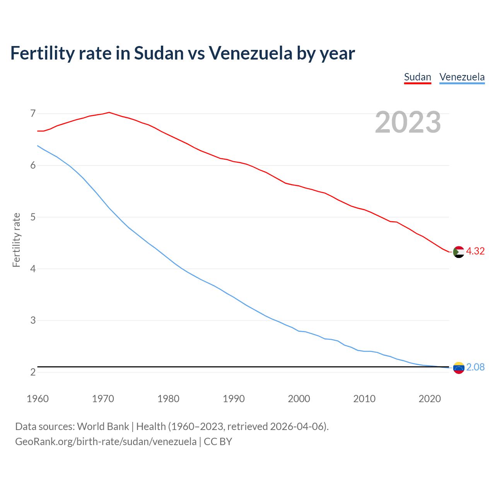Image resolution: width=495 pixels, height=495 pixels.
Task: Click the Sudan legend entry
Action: coord(417,77)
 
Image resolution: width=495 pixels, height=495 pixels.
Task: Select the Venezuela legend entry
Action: coord(462,77)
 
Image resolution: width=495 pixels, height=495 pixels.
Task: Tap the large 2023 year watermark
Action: coord(408,122)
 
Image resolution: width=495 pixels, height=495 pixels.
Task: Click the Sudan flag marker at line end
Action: coord(459,252)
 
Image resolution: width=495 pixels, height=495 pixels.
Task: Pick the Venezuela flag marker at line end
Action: coord(459,368)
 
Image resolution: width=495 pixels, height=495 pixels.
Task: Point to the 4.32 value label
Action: coord(475,251)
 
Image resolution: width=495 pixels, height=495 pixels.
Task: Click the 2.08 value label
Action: coord(475,367)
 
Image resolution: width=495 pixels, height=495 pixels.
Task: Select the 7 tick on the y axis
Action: coord(32,114)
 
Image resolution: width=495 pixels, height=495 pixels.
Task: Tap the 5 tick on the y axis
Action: coord(32,217)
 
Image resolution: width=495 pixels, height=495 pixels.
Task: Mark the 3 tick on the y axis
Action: coord(32,320)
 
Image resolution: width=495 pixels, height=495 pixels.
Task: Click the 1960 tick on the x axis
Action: coord(38,399)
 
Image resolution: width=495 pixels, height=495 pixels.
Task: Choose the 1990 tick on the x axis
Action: coord(234,399)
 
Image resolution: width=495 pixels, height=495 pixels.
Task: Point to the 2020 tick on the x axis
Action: coord(430,399)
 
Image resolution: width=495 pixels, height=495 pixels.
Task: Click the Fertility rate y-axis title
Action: coord(16,240)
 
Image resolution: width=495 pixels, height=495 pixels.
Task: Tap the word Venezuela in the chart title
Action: coord(251,53)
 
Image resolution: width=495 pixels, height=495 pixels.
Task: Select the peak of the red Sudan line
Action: coord(109,113)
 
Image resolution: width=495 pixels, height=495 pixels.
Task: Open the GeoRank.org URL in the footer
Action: coord(106,442)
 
